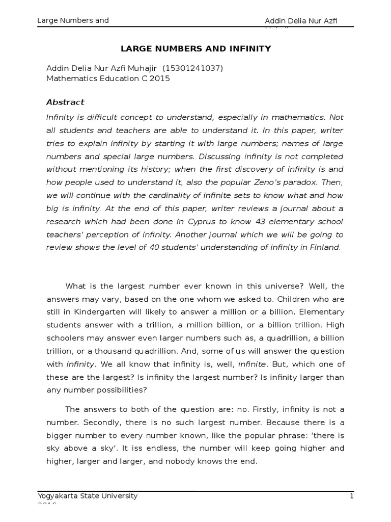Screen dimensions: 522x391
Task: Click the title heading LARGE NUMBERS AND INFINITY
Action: click(x=195, y=49)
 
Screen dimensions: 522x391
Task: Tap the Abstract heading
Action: click(x=66, y=102)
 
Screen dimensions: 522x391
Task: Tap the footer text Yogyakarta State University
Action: click(x=88, y=495)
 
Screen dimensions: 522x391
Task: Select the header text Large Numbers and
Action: click(x=73, y=20)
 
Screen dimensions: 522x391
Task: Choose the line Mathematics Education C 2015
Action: click(x=108, y=79)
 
